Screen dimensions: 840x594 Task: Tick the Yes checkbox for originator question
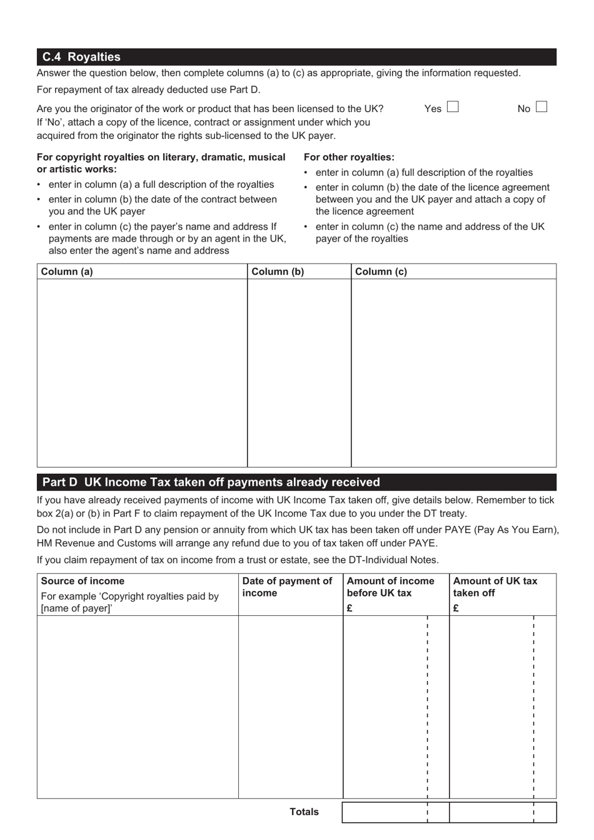[x=453, y=107]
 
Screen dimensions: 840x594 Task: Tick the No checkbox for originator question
[x=541, y=107]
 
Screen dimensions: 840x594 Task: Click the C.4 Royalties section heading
[x=81, y=57]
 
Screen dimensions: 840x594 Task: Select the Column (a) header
[x=67, y=272]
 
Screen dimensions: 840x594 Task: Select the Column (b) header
[x=278, y=272]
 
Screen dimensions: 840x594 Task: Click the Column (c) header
[x=381, y=272]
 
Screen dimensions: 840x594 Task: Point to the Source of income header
[x=83, y=581]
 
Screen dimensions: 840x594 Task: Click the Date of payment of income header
[x=287, y=587]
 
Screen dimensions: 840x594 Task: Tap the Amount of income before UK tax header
[x=390, y=587]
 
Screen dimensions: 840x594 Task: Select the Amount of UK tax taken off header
[x=495, y=587]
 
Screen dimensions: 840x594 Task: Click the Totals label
[x=304, y=812]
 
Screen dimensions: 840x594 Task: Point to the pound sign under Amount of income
[x=350, y=608]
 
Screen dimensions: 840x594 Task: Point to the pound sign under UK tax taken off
[x=456, y=608]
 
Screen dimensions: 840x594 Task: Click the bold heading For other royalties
[x=349, y=157]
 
